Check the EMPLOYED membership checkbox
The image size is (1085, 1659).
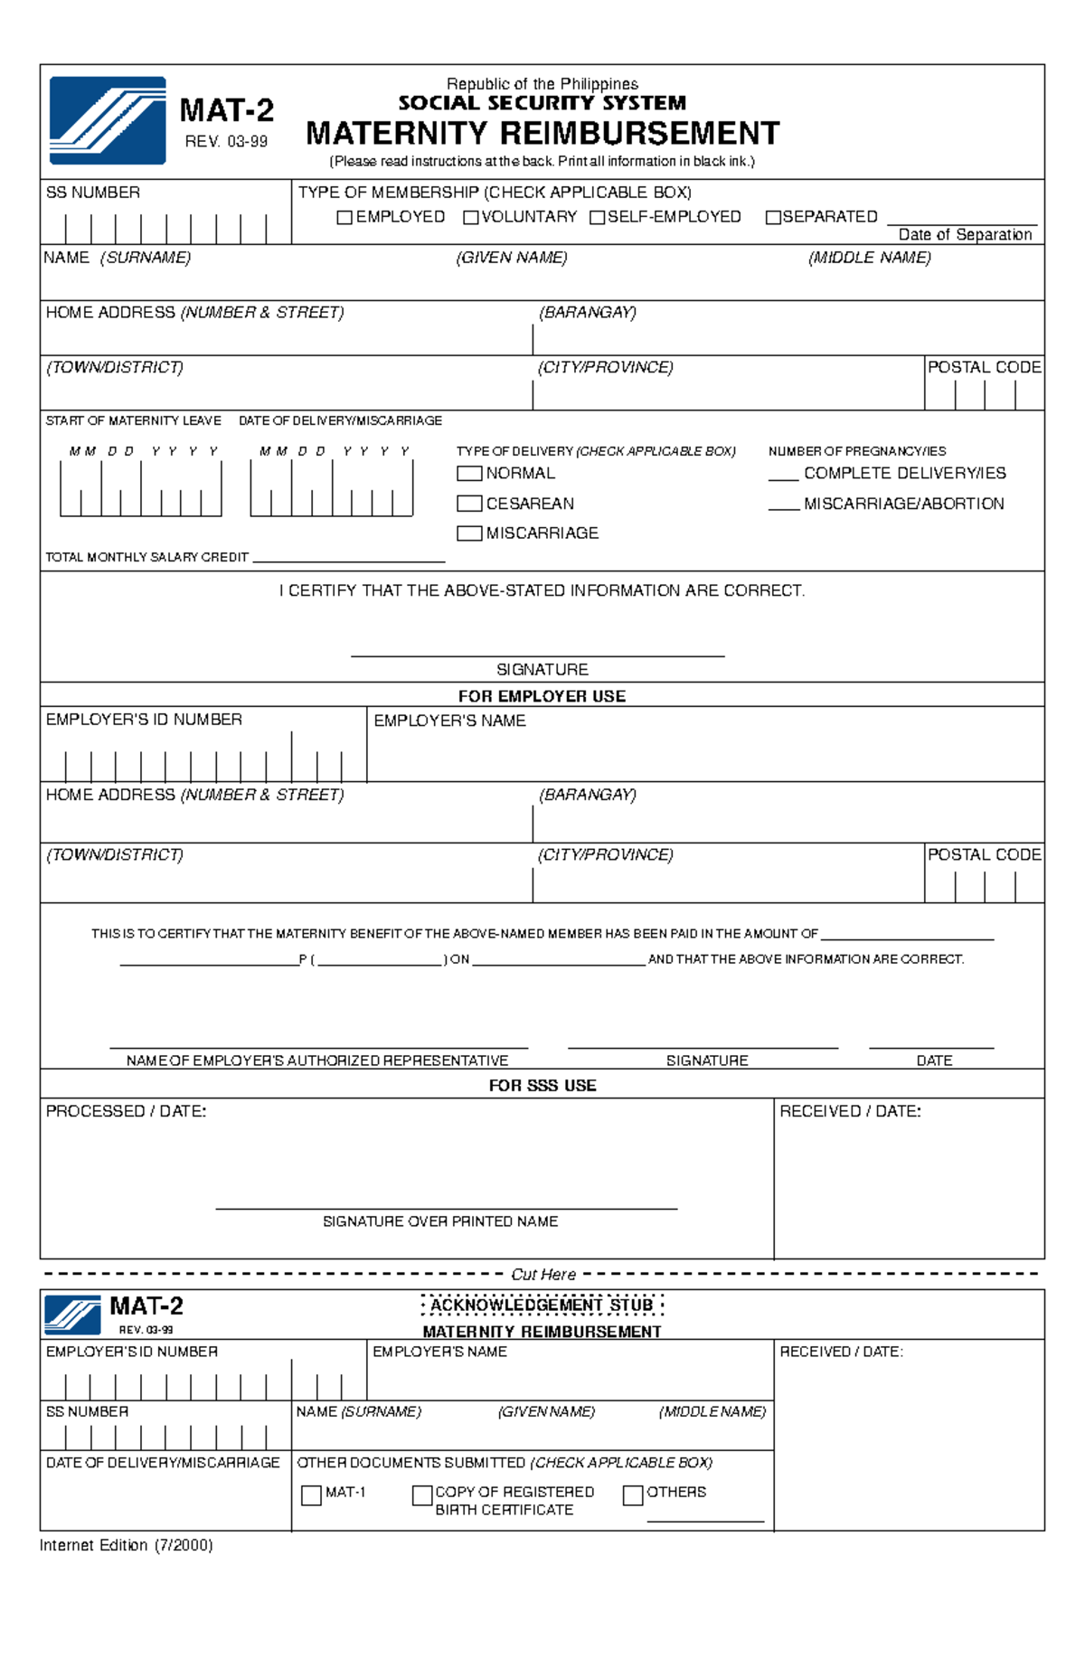pos(344,218)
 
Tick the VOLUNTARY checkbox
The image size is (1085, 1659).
pos(470,218)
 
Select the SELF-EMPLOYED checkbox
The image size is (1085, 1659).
pos(597,218)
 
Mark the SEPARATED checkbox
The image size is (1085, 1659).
pos(773,218)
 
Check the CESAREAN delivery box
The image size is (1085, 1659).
pos(469,504)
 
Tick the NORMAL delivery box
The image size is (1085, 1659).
pos(469,474)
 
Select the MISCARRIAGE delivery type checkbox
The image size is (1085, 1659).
pos(469,533)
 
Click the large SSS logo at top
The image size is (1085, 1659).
pos(108,120)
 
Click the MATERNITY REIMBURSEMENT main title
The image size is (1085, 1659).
pos(542,134)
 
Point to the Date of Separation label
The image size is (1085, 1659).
pos(965,235)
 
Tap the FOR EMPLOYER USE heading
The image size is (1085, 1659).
pos(542,696)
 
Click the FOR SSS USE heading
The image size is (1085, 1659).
pos(542,1086)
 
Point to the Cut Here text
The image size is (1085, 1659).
pos(542,1275)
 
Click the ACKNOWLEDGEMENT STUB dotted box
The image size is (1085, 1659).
pos(542,1306)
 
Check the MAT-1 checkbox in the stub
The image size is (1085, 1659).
pos(311,1495)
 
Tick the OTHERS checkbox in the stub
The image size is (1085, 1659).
pos(633,1495)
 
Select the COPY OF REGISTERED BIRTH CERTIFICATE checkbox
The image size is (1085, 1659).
pos(421,1495)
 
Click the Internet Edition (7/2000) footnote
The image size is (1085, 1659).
pos(126,1546)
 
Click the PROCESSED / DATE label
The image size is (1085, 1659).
pos(126,1112)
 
